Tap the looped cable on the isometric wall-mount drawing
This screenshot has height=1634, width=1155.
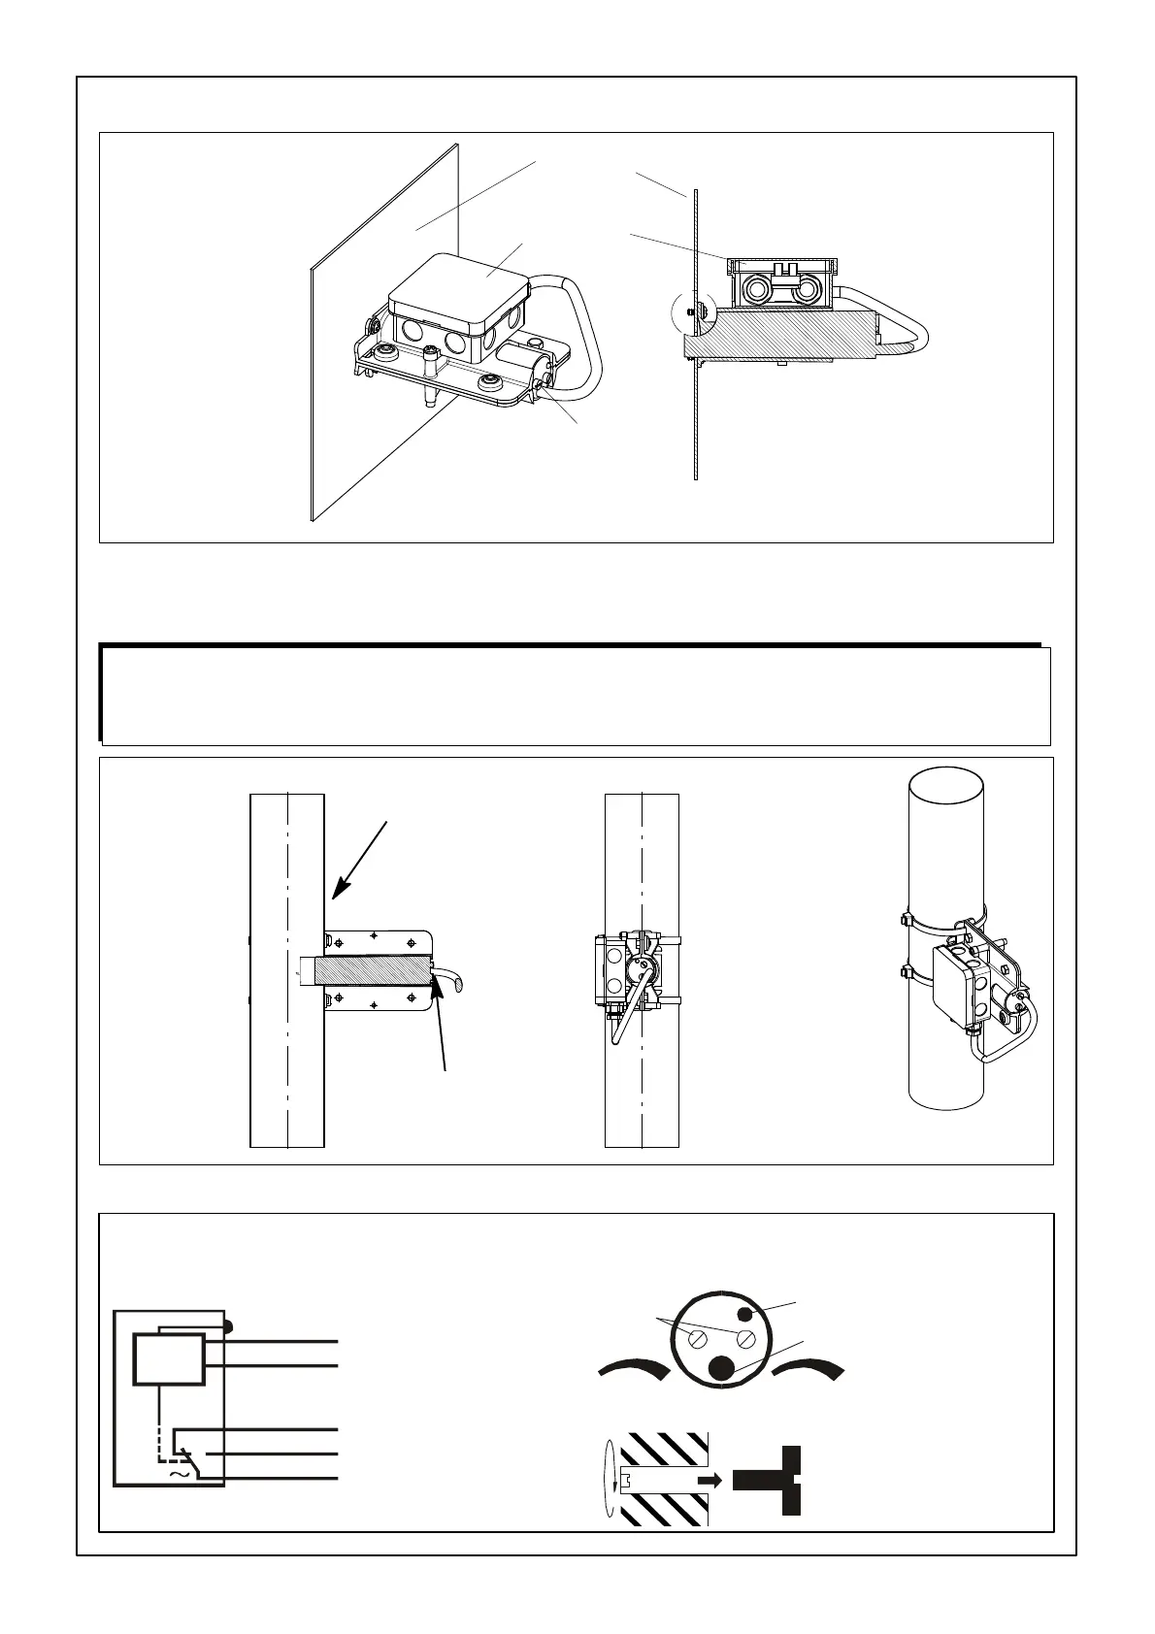[x=587, y=330]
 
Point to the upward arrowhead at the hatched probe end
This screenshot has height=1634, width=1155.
[x=436, y=985]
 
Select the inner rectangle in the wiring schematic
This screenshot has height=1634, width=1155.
[x=169, y=1358]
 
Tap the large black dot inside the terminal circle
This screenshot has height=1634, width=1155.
[x=720, y=1368]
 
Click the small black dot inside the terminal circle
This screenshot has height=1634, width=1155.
[x=744, y=1315]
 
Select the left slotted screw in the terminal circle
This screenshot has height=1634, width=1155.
[x=698, y=1340]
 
